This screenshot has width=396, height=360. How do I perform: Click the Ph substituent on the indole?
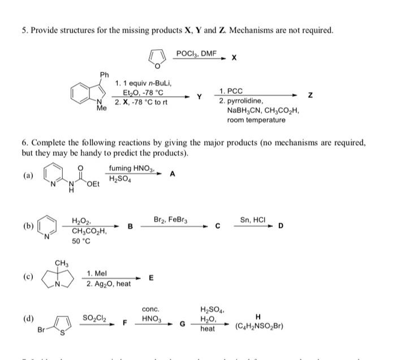pos(104,75)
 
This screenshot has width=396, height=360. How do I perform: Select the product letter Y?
pos(199,96)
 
